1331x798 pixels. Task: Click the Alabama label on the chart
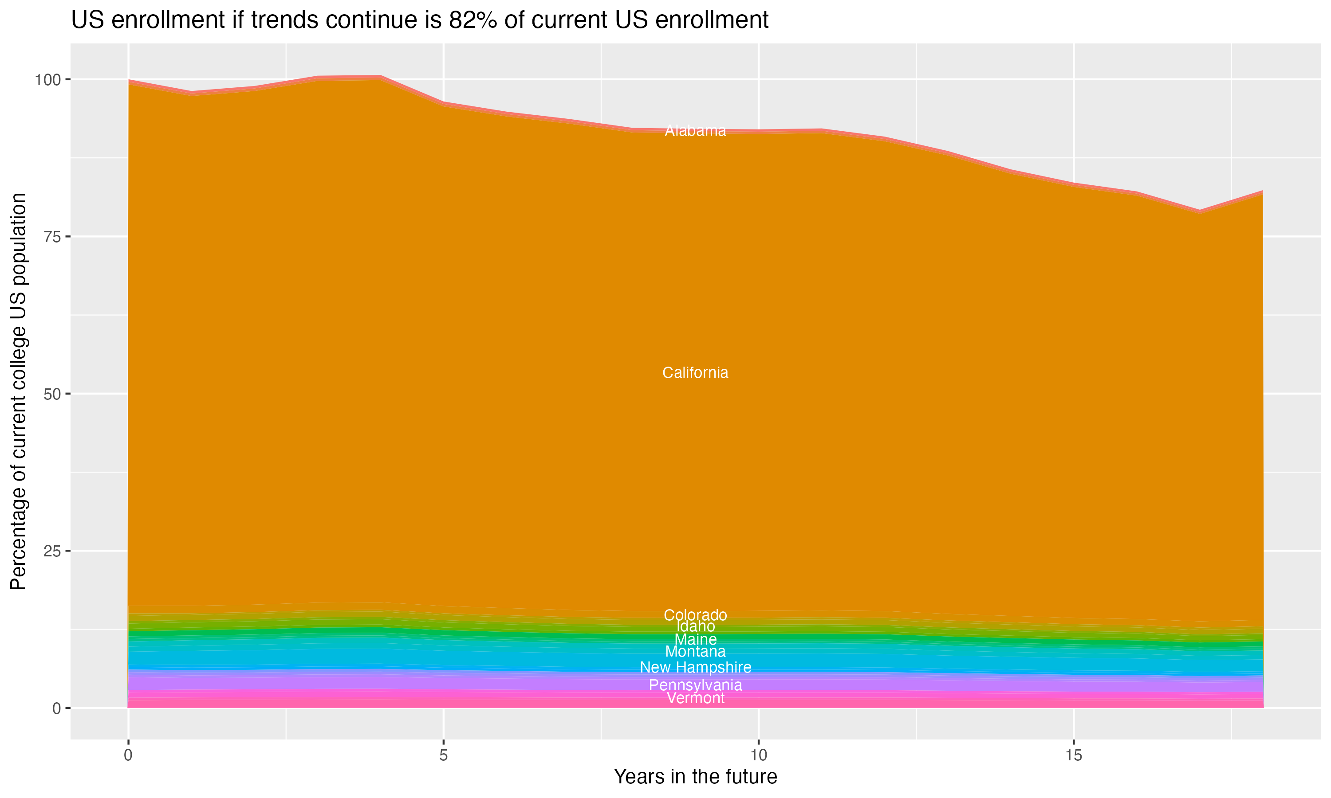pos(695,131)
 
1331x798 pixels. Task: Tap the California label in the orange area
pos(695,373)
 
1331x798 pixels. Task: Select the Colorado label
pos(695,614)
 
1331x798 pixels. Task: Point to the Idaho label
pos(695,626)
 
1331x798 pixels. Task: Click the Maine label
pos(695,639)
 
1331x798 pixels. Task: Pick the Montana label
pos(695,652)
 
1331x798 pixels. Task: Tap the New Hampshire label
pos(695,667)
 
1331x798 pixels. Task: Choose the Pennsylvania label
pos(695,685)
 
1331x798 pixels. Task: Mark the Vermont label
pos(695,698)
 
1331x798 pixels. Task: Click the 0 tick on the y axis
pos(56,708)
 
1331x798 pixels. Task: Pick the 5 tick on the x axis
pos(443,755)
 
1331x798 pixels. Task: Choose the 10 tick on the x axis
pos(758,755)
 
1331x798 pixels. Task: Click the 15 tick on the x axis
pos(1073,755)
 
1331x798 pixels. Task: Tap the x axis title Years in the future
pos(695,776)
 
